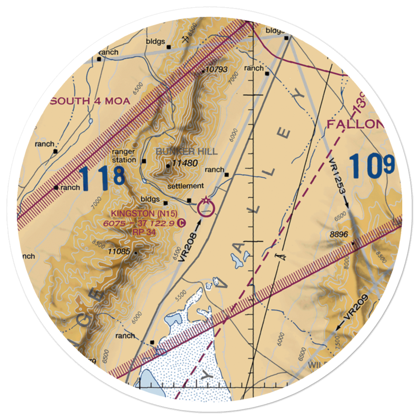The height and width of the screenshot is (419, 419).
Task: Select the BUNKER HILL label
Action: click(x=187, y=151)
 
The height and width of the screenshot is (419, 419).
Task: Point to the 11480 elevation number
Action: click(x=184, y=163)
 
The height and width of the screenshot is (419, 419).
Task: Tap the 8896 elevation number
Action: click(x=339, y=235)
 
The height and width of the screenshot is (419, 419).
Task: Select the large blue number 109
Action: click(x=371, y=165)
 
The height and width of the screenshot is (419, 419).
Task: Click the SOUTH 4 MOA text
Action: click(x=91, y=101)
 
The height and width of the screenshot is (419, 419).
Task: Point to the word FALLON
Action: click(x=354, y=124)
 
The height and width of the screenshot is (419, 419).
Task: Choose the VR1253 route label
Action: click(x=338, y=178)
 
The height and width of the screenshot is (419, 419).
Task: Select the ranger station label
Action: click(x=124, y=155)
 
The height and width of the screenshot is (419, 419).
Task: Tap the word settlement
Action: click(x=185, y=186)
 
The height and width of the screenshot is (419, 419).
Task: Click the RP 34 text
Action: click(x=141, y=230)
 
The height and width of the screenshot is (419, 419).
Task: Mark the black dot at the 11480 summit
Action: click(x=168, y=166)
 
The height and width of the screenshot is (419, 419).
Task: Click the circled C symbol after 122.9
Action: click(x=180, y=223)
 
